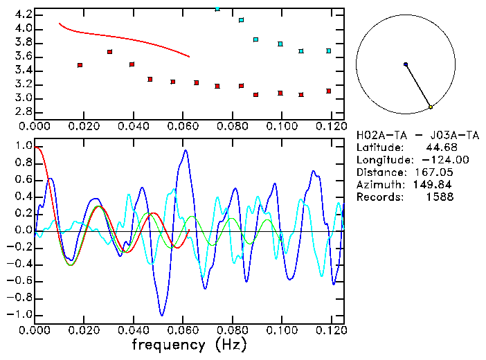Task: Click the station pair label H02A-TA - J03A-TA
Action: [406, 135]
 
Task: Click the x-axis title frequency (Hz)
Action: [189, 344]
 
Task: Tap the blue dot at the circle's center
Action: [406, 64]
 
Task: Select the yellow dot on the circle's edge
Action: [431, 107]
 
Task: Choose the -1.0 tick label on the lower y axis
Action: [21, 314]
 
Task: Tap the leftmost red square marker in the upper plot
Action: [80, 65]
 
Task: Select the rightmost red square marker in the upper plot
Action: [329, 91]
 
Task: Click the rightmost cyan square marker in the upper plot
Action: [329, 51]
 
